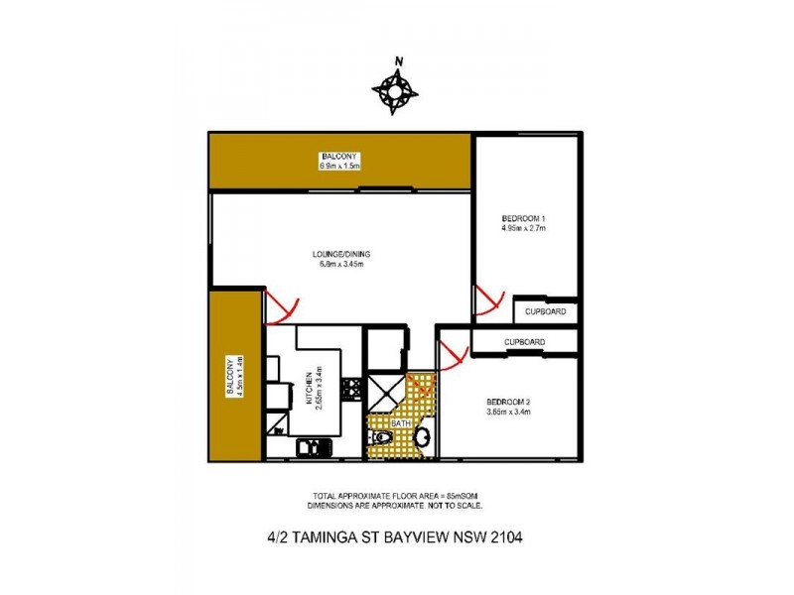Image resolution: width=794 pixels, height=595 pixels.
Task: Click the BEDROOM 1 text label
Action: (523, 223)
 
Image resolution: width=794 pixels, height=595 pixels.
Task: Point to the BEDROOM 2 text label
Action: (507, 407)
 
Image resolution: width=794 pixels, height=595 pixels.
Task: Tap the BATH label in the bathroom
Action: (400, 423)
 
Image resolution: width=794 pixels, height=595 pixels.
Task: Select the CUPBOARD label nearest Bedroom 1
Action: (546, 311)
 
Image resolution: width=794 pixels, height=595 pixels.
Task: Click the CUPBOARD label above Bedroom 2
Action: (524, 342)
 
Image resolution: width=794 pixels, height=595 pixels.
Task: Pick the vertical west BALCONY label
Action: (230, 377)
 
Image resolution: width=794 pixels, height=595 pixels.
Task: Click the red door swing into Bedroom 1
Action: (488, 299)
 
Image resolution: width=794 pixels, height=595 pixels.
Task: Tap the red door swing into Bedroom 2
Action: (454, 354)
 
